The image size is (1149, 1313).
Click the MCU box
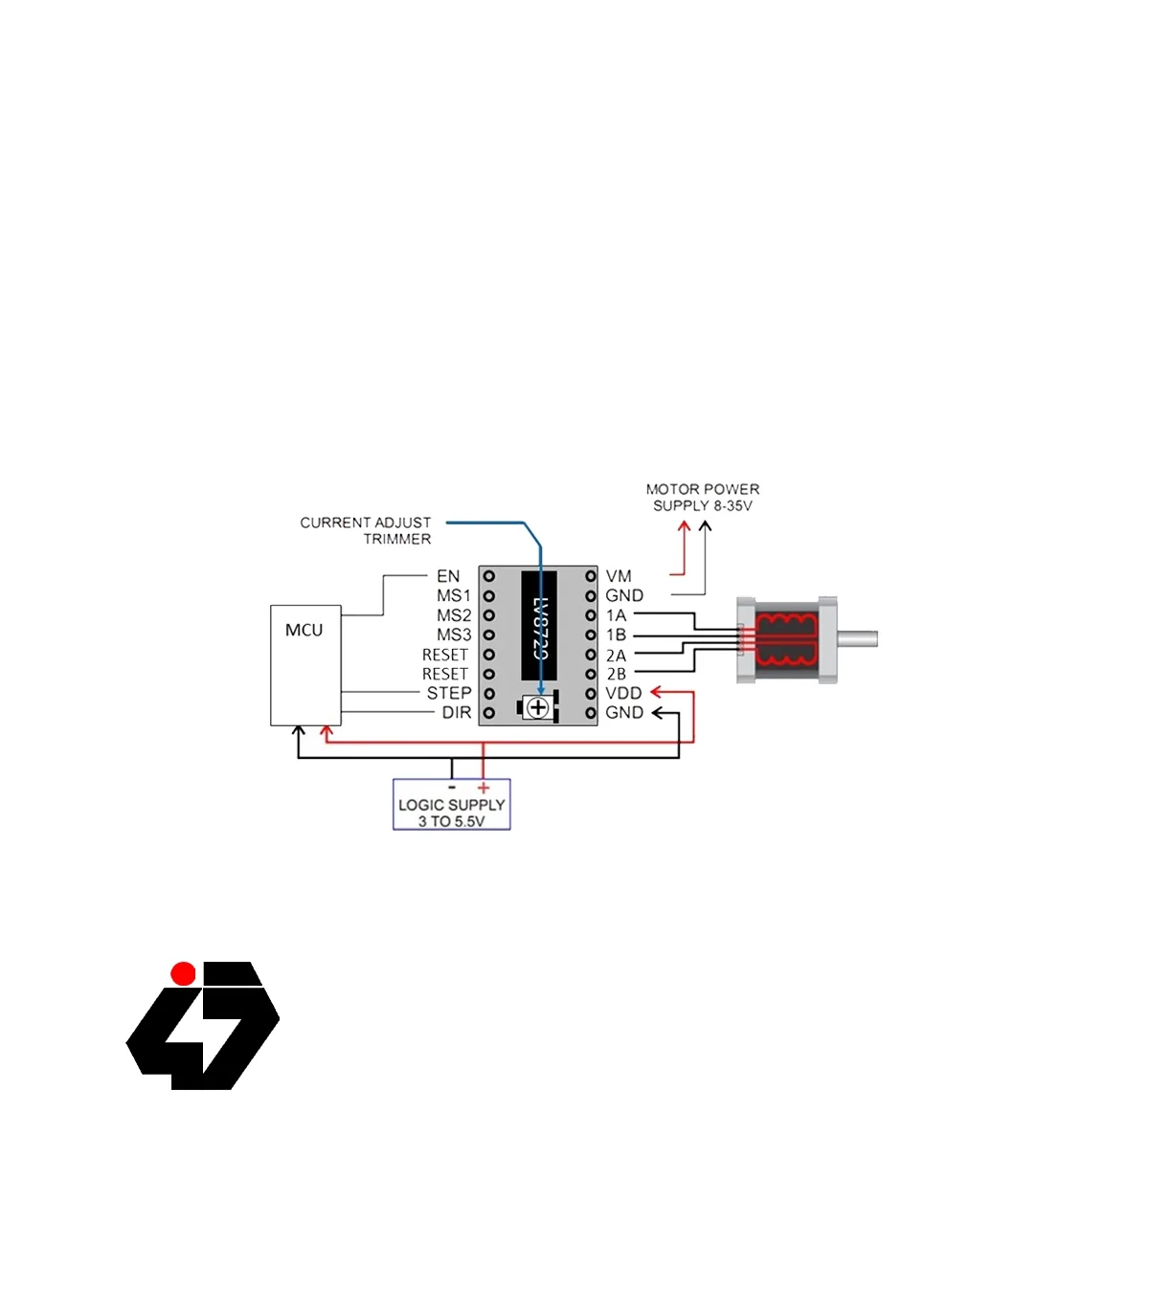tap(305, 665)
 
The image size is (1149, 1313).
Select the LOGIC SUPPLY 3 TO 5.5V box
tap(451, 806)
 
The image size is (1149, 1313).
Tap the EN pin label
tap(448, 576)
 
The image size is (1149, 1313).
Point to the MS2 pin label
tap(454, 615)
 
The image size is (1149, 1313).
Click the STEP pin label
tap(449, 693)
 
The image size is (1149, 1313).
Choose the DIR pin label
tap(456, 713)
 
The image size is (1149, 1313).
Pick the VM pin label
tap(619, 576)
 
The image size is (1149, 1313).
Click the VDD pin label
tap(623, 693)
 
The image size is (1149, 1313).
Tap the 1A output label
tap(616, 615)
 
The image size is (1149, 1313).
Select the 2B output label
tap(616, 674)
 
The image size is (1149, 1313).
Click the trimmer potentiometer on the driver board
tap(538, 708)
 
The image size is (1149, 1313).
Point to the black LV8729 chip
tap(538, 626)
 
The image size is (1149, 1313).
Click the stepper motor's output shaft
tap(858, 638)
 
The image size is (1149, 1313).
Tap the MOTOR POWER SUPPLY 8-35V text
tap(703, 498)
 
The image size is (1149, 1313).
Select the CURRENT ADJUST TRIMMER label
tap(367, 530)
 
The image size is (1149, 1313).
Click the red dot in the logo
tap(183, 974)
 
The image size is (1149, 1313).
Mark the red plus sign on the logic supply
tap(484, 788)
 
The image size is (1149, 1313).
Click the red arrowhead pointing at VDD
tap(657, 692)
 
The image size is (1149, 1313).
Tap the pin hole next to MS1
tap(488, 596)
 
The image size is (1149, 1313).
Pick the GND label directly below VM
tap(624, 595)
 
